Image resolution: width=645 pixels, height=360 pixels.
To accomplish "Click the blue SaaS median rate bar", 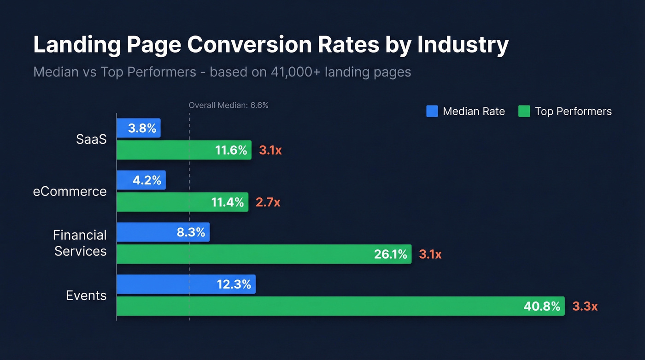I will click(x=138, y=128).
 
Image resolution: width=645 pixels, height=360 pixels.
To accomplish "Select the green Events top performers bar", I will click(x=341, y=306).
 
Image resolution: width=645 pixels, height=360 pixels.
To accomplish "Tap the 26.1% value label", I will click(x=391, y=254).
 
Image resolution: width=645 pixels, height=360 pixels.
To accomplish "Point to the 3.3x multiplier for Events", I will click(x=585, y=306).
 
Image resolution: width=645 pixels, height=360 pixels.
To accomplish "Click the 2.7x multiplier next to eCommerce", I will click(x=268, y=202).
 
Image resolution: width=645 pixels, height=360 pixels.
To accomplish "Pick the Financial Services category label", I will click(x=80, y=243).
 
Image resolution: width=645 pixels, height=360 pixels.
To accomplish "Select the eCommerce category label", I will click(x=70, y=191).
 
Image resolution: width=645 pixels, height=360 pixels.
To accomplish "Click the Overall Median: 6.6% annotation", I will click(x=228, y=106).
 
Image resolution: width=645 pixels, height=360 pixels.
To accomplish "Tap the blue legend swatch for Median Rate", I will click(x=432, y=111).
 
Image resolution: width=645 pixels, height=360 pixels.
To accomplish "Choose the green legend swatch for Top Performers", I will click(x=524, y=111).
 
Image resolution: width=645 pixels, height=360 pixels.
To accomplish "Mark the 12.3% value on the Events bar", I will click(x=234, y=284).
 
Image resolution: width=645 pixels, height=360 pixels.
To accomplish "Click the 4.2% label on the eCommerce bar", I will click(x=147, y=180).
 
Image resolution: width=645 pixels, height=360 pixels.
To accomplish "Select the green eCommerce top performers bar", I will click(x=182, y=202).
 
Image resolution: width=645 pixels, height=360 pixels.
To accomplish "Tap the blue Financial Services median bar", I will click(x=163, y=232).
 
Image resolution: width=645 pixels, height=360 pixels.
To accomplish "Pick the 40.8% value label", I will click(x=542, y=306).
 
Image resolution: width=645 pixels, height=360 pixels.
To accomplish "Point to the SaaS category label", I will click(x=91, y=139).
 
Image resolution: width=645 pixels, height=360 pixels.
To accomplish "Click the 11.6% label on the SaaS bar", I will click(x=231, y=150).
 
